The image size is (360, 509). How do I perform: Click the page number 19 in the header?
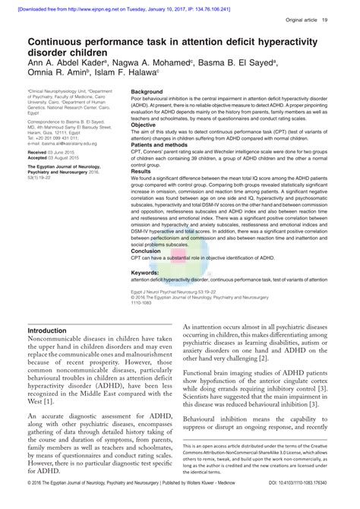pos(346,19)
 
